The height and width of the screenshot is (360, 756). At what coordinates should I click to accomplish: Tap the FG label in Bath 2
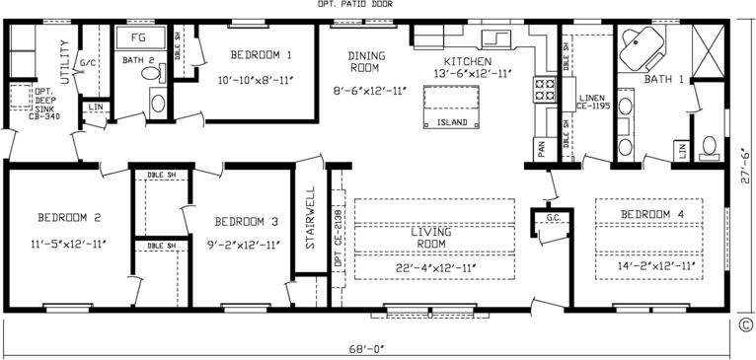(x=139, y=38)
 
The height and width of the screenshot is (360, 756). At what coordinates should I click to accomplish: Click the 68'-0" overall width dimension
(x=377, y=346)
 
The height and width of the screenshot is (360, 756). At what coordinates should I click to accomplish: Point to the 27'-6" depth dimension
(x=743, y=164)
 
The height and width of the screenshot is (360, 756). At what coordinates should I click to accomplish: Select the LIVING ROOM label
(x=430, y=238)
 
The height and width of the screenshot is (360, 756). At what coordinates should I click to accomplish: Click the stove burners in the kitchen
(x=544, y=91)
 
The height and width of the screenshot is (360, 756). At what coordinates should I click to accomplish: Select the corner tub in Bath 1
(x=643, y=45)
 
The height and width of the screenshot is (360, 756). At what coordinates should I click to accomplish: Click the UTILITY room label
(x=65, y=62)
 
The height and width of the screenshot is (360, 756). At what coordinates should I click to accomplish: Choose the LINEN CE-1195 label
(x=592, y=103)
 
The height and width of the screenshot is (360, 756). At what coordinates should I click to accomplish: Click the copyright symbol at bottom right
(x=746, y=327)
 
